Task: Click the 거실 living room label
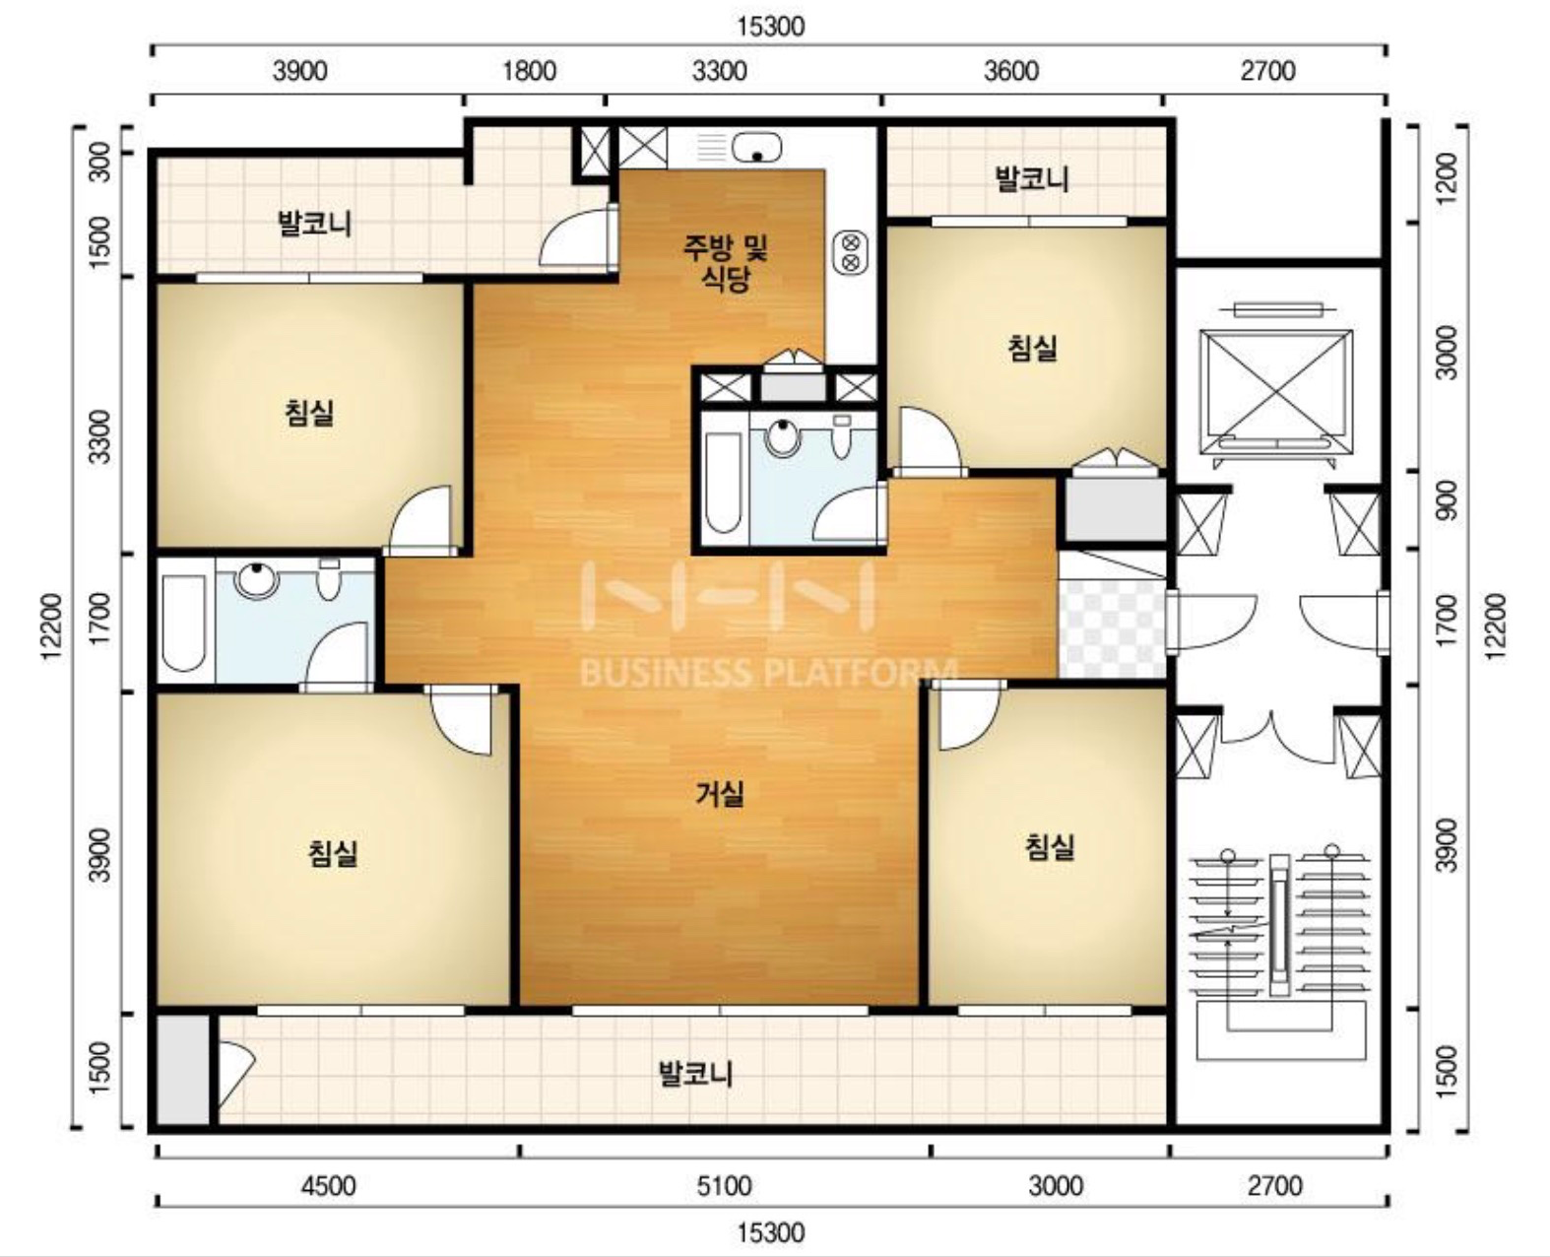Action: pyautogui.click(x=720, y=794)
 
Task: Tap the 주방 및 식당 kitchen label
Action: pyautogui.click(x=725, y=263)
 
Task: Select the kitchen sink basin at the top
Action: pyautogui.click(x=757, y=147)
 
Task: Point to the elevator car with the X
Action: pyautogui.click(x=1276, y=391)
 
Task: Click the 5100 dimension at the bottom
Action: pyautogui.click(x=724, y=1186)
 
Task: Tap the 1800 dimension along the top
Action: pyautogui.click(x=529, y=71)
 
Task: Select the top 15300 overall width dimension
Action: pyautogui.click(x=771, y=27)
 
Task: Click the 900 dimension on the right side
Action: pyautogui.click(x=1448, y=499)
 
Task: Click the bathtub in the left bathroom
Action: pyautogui.click(x=183, y=623)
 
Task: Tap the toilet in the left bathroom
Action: pyautogui.click(x=329, y=578)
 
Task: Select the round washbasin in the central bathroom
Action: pyautogui.click(x=782, y=437)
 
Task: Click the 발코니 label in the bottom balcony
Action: pyautogui.click(x=695, y=1074)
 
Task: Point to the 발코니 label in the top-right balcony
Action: pyautogui.click(x=1031, y=178)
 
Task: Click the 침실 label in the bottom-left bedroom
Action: pyautogui.click(x=333, y=852)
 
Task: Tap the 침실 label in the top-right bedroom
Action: pyautogui.click(x=1032, y=347)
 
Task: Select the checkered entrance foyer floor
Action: pyautogui.click(x=1112, y=628)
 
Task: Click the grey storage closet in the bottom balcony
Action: pyautogui.click(x=183, y=1070)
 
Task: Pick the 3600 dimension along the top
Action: pyautogui.click(x=1010, y=71)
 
